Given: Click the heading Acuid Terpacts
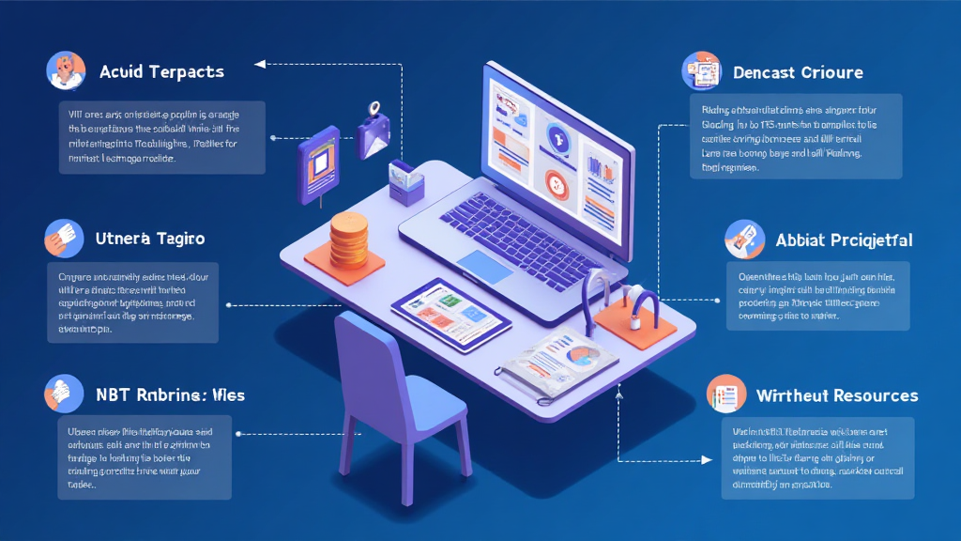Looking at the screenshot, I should (x=161, y=72).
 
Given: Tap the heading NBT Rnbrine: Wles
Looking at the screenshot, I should (x=170, y=394).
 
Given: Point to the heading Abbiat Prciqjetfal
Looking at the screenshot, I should (x=844, y=240).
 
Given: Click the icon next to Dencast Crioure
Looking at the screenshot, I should (x=703, y=71).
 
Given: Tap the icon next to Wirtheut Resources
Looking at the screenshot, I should (x=724, y=394).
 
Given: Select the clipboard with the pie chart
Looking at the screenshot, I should (x=560, y=362).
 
